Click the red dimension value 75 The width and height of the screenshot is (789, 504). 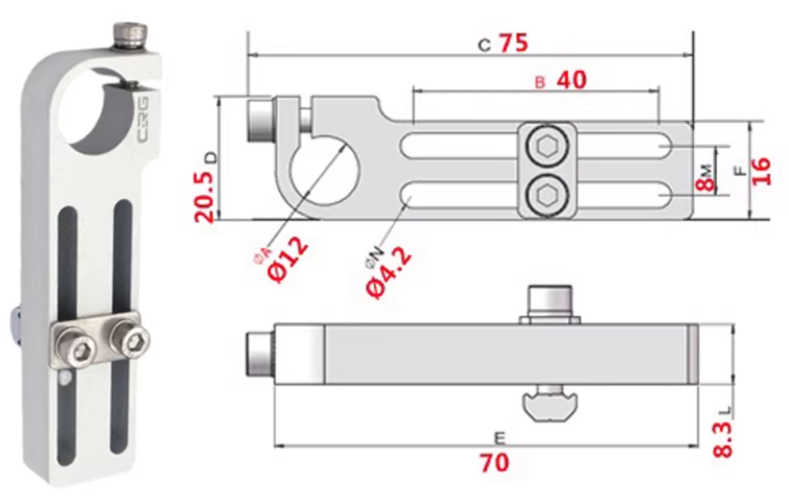coord(513,43)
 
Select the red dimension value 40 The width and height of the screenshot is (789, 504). coord(571,80)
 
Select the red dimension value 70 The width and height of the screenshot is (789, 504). coord(495,462)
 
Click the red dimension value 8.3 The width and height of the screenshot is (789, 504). coord(723,439)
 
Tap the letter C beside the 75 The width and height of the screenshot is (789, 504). coord(484,46)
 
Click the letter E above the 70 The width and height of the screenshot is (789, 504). coord(500,438)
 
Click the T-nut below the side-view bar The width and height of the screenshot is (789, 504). coord(551,404)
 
